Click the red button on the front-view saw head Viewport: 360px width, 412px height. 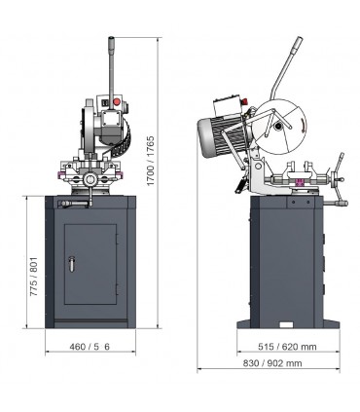click(x=119, y=100)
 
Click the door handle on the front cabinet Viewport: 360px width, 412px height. click(x=72, y=260)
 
